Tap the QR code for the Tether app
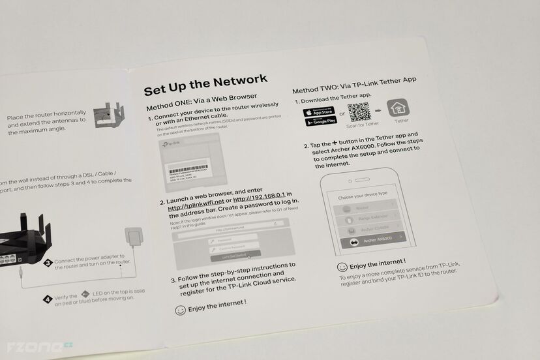point(359,113)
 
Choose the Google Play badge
point(320,121)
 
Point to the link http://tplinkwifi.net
point(196,208)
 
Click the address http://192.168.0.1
point(260,199)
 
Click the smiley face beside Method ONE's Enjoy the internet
point(181,310)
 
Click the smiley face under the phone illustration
point(342,267)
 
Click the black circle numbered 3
point(48,263)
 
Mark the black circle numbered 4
point(48,299)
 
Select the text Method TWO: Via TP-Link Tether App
point(354,84)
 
